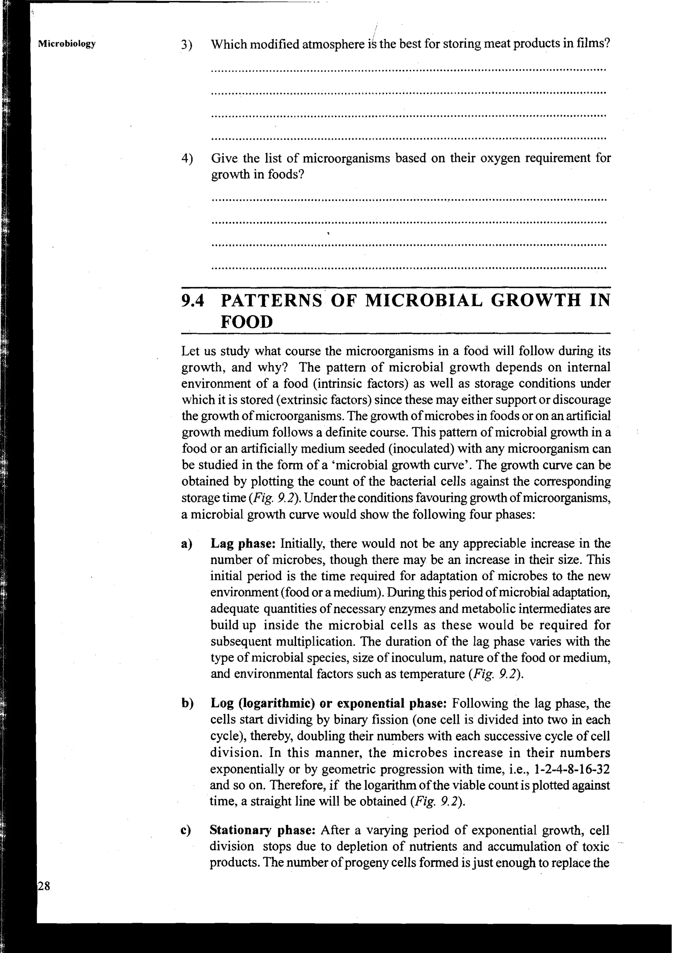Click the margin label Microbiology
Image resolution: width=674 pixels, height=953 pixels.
66,44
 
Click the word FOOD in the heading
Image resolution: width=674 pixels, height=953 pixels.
247,322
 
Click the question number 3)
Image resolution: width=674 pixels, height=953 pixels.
187,44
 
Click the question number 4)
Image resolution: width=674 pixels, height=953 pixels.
187,159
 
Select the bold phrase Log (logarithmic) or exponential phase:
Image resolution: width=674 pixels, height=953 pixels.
328,703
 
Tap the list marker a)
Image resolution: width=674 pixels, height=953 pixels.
187,544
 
